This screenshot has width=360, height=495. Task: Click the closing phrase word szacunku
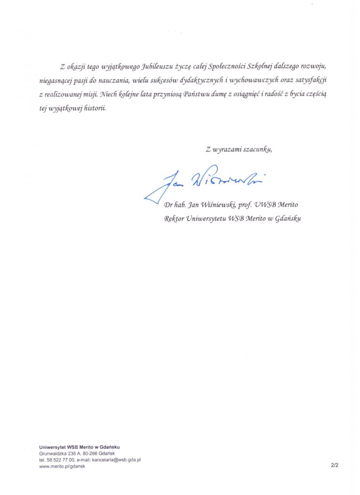point(259,149)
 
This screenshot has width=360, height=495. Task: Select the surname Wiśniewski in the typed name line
point(217,205)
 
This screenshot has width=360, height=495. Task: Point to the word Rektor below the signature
point(174,219)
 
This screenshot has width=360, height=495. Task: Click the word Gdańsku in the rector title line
point(289,219)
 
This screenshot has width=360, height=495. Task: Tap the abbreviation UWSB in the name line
point(270,205)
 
